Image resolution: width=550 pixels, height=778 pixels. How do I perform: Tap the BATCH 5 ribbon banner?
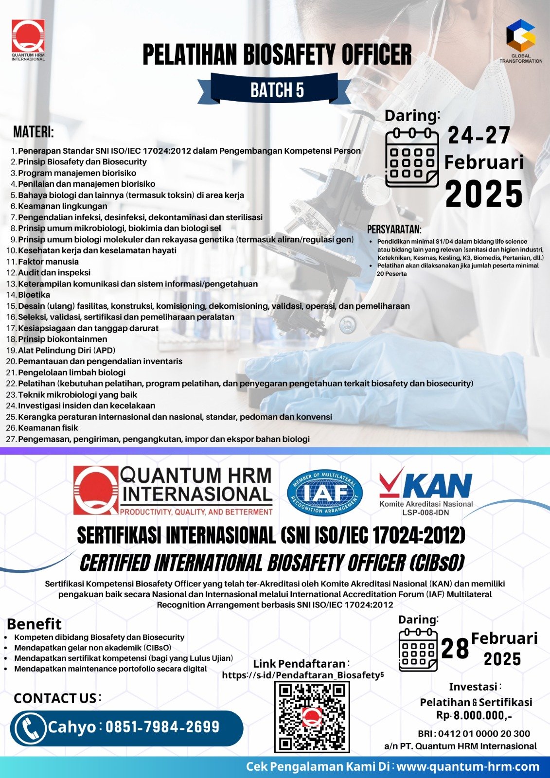click(x=277, y=90)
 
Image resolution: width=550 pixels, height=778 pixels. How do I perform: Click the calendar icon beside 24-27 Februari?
click(x=411, y=158)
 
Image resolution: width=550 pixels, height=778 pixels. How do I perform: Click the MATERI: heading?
click(x=33, y=132)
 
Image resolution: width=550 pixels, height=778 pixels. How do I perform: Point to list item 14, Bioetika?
click(x=34, y=295)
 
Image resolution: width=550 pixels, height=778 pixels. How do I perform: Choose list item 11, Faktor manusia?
click(x=48, y=262)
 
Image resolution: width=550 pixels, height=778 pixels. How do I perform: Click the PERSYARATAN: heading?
click(x=394, y=230)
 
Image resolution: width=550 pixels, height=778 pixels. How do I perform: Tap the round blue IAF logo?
click(x=325, y=493)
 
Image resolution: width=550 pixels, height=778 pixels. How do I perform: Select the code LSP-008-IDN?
click(x=426, y=513)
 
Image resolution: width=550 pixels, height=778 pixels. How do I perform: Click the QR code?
click(x=312, y=717)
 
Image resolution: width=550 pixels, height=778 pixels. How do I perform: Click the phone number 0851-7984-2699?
click(x=162, y=727)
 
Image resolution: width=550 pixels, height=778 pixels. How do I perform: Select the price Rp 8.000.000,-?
click(x=474, y=715)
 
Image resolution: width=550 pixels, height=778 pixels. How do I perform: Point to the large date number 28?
click(x=455, y=649)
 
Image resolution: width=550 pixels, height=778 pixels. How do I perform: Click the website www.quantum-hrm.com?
click(x=468, y=767)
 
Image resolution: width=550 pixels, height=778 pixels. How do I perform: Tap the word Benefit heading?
click(x=34, y=624)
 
